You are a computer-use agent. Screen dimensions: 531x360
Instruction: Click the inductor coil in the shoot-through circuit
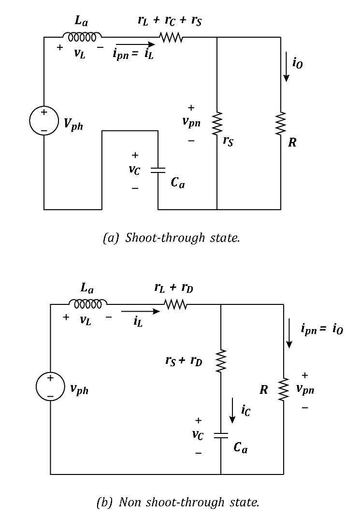(x=82, y=37)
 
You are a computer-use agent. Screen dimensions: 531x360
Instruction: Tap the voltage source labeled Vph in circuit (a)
(x=44, y=121)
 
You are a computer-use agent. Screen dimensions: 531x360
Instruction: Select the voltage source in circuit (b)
(x=50, y=387)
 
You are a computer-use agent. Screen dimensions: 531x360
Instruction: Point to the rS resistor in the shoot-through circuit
(x=217, y=125)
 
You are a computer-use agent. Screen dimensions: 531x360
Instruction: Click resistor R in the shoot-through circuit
(x=281, y=124)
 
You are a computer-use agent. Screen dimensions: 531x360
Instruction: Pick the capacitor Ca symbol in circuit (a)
(x=158, y=170)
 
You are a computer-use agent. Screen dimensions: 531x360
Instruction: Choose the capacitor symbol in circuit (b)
(x=220, y=436)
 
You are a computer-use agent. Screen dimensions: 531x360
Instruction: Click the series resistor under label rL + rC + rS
(x=171, y=37)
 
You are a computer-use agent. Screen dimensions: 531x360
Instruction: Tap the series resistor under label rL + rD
(x=175, y=304)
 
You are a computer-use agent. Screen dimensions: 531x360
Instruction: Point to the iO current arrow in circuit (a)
(x=286, y=71)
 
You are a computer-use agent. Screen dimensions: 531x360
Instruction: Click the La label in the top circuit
(x=82, y=21)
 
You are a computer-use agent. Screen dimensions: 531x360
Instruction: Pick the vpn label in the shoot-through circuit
(x=192, y=122)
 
